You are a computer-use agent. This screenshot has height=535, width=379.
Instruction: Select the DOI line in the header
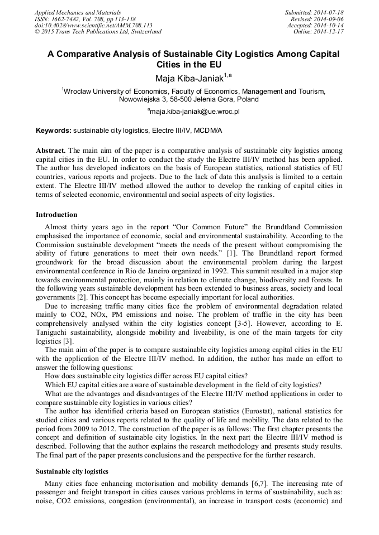pos(93,25)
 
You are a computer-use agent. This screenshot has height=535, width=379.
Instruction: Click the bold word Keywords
pos(54,131)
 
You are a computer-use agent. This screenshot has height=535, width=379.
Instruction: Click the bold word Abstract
pos(51,151)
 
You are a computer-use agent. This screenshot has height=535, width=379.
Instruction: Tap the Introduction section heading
pos(56,215)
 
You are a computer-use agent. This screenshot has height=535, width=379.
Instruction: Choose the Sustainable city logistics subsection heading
pos(72,471)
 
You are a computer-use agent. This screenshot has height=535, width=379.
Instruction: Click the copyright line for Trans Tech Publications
pos(98,32)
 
